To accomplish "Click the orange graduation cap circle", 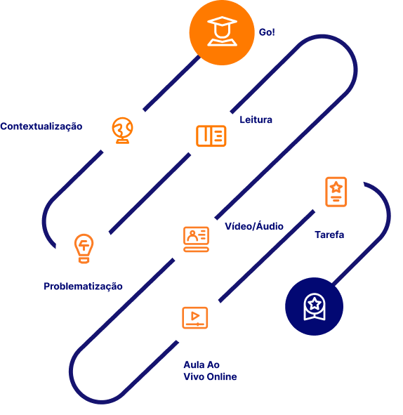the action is click(222, 32).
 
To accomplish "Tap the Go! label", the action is click(267, 32).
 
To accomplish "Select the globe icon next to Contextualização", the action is click(122, 131).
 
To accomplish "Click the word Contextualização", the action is click(41, 126).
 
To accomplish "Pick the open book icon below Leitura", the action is click(211, 136).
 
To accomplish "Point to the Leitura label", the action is click(256, 119).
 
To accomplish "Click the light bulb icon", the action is click(84, 249).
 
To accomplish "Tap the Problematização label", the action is click(83, 286).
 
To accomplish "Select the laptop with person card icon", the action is click(197, 239).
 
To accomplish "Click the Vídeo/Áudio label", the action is click(254, 226).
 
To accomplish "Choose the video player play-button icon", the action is click(195, 317).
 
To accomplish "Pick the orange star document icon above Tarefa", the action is click(336, 192).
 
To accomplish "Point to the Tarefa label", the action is click(329, 235).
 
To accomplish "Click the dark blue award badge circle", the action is click(314, 306).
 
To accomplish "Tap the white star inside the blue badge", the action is click(315, 304).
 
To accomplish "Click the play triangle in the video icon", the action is click(195, 316).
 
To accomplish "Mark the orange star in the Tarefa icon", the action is click(336, 187).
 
